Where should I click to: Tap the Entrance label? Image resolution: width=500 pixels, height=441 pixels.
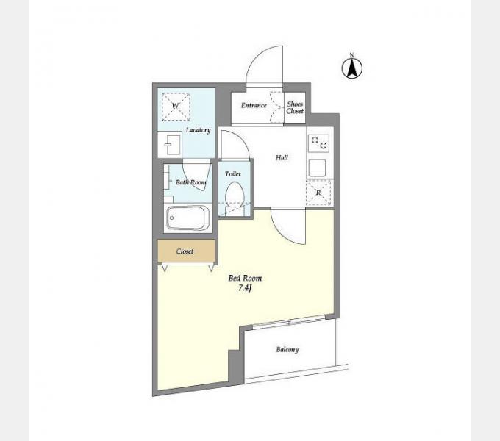point(254,105)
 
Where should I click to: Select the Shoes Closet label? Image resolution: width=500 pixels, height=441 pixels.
point(295,107)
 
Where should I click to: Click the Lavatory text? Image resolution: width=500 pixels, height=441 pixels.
point(198,130)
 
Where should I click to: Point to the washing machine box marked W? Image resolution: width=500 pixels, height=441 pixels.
point(176,107)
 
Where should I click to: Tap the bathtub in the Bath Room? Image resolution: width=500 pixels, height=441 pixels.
point(187,218)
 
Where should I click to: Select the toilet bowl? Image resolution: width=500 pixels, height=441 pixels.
point(235,198)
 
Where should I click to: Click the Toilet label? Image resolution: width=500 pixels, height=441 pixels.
point(233,174)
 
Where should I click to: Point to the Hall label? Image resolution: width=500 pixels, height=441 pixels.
point(282,157)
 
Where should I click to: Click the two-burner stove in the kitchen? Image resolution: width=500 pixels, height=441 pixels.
point(319,143)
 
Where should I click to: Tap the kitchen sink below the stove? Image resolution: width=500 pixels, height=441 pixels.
point(318,168)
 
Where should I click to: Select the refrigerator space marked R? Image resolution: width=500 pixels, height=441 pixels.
point(318,193)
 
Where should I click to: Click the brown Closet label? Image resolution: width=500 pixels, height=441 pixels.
point(185,251)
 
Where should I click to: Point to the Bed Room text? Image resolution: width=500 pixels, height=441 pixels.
point(245,278)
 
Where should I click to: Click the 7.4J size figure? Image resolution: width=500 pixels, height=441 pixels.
point(245,288)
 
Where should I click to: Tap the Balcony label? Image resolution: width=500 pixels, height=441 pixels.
point(287,350)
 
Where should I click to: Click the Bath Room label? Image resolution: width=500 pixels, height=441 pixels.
point(190,182)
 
